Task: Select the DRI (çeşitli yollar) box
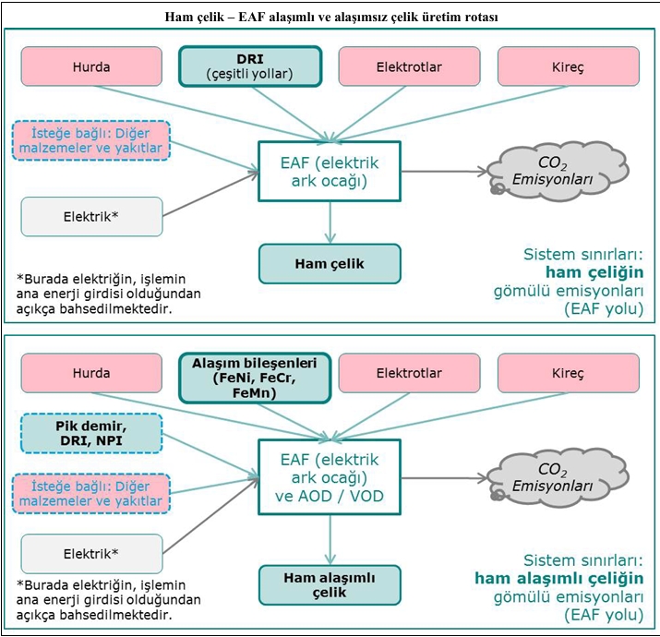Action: [x=249, y=66]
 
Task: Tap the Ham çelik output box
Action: [x=330, y=263]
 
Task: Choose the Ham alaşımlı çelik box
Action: [x=330, y=584]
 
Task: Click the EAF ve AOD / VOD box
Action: [x=330, y=477]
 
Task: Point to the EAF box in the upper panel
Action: [x=330, y=172]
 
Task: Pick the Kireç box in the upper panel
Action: [x=568, y=66]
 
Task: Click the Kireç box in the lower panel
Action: [x=568, y=374]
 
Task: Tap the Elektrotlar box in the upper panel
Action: [x=409, y=66]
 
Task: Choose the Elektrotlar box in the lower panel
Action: [x=409, y=374]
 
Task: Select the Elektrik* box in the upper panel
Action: [x=90, y=216]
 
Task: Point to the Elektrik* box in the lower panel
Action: [x=90, y=554]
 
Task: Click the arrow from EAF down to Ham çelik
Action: [x=330, y=222]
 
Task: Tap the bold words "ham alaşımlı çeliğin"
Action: [x=558, y=579]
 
